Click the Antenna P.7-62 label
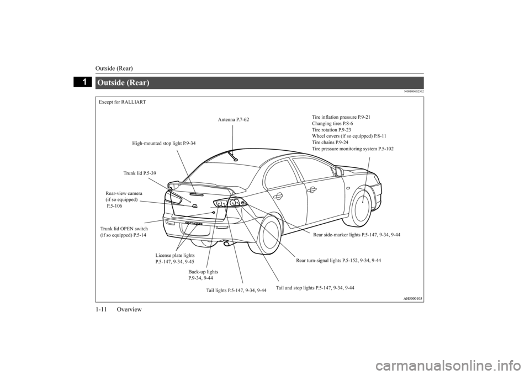pyautogui.click(x=234, y=119)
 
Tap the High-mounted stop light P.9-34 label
pyautogui.click(x=163, y=144)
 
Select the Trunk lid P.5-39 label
pyautogui.click(x=140, y=173)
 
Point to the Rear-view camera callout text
pyautogui.click(x=124, y=199)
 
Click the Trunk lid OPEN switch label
pyautogui.click(x=124, y=232)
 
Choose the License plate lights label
pyautogui.click(x=175, y=258)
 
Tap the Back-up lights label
pyautogui.click(x=203, y=274)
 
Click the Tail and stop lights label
pyautogui.click(x=315, y=288)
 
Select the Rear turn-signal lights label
pyautogui.click(x=338, y=260)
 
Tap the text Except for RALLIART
pyautogui.click(x=123, y=102)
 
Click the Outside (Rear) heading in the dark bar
pyautogui.click(x=123, y=83)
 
